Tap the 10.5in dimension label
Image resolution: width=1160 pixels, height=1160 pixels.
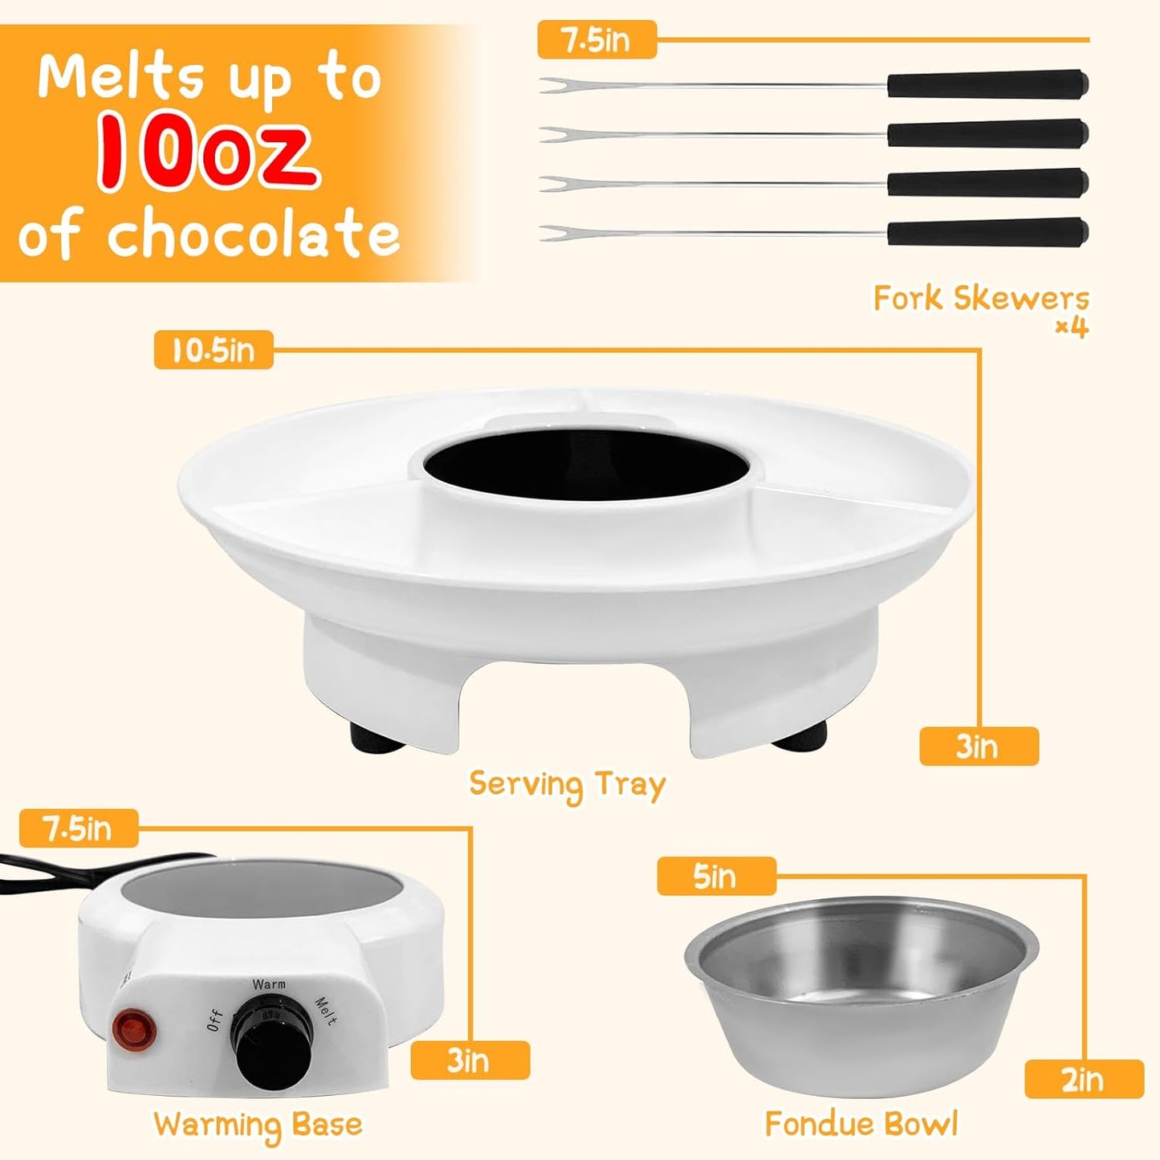coord(213,350)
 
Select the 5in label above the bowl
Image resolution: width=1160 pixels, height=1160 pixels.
coord(715,876)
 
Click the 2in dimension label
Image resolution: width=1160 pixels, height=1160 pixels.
coord(1083,1079)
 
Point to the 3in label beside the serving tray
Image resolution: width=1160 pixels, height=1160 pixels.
coord(978,747)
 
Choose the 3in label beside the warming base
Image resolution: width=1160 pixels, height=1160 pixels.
coord(469,1060)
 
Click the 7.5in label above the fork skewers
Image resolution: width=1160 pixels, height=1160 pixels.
coord(596,40)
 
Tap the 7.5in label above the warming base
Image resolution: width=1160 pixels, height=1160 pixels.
coord(78,828)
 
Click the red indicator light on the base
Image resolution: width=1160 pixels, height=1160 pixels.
coord(132,1029)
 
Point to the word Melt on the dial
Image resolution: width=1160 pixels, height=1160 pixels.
coord(325,1011)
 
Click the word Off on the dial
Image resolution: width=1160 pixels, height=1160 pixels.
coord(215,1020)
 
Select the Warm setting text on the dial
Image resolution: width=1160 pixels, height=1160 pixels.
coord(268,984)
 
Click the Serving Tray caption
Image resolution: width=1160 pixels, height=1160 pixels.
coord(567,784)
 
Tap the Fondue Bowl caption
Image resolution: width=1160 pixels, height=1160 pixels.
coord(861,1123)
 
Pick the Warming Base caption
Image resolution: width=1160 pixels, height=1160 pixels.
coord(258,1124)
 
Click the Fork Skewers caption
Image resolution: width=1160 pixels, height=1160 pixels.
coord(981,299)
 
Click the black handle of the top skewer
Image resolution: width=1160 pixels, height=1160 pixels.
coord(987,83)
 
